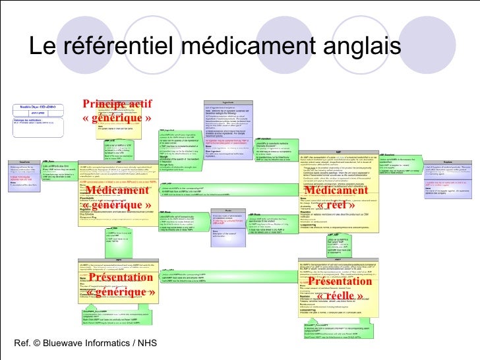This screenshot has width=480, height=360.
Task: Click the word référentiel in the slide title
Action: pyautogui.click(x=117, y=47)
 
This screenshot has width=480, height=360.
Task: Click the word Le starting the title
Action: pyautogui.click(x=44, y=47)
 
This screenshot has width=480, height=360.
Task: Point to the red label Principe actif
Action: pyautogui.click(x=117, y=104)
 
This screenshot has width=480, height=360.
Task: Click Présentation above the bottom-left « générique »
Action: pyautogui.click(x=119, y=278)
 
